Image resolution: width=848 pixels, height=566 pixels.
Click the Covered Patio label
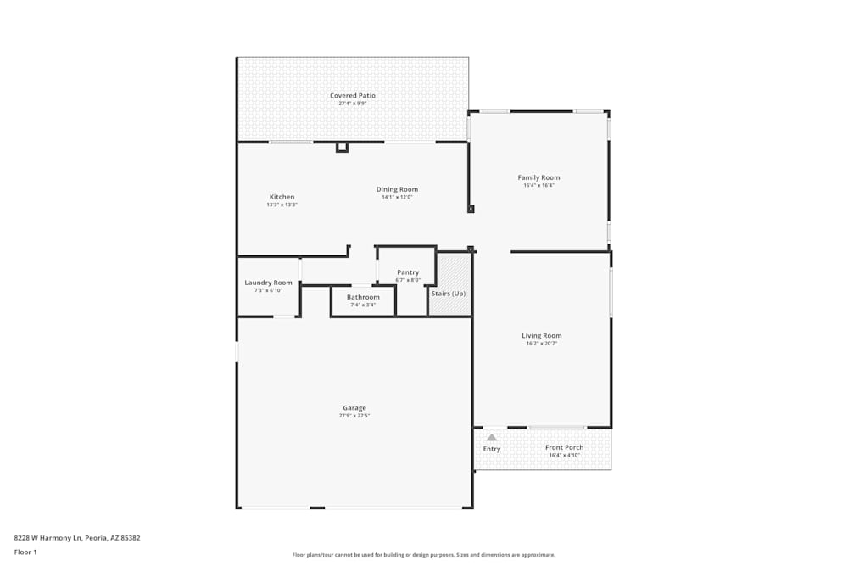(353, 96)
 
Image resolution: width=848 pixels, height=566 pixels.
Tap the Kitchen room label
(282, 197)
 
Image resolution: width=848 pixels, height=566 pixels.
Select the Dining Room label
(397, 189)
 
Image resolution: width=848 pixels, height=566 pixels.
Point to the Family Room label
(538, 177)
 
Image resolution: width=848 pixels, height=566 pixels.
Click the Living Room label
(541, 336)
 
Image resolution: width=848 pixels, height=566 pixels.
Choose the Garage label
(354, 408)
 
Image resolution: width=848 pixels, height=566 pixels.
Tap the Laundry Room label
(268, 283)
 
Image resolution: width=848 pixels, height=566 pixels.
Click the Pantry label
(408, 272)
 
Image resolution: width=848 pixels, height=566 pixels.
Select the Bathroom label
(363, 297)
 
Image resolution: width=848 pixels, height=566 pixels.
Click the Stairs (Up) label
(449, 294)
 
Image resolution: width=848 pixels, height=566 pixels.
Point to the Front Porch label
(564, 447)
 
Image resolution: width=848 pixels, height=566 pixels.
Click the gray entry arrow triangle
(491, 437)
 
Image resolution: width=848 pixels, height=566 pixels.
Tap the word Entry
(492, 449)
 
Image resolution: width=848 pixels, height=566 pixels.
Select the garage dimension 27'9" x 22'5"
(354, 416)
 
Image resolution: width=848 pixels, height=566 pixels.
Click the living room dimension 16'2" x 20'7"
(541, 344)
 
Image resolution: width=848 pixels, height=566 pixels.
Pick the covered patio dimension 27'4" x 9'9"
(353, 104)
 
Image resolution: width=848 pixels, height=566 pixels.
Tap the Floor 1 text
(25, 552)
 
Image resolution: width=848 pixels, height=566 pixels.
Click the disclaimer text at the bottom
(424, 555)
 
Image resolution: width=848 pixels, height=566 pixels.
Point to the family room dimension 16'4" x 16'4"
(538, 185)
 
